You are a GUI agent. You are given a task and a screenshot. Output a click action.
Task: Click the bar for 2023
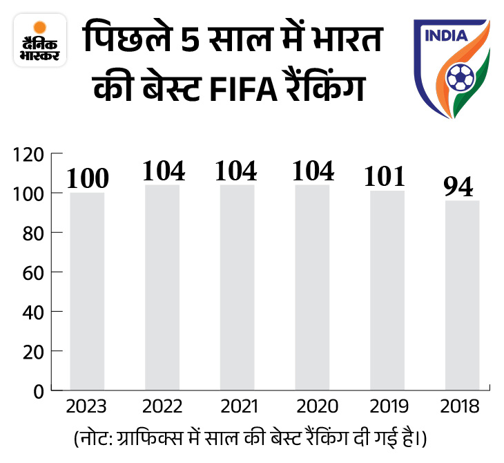[87, 291]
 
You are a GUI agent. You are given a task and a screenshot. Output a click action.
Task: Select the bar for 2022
[162, 287]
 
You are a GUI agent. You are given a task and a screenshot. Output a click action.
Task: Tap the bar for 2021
[237, 287]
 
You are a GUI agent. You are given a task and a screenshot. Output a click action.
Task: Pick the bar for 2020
[312, 287]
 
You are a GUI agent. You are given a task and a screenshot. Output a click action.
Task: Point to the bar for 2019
[387, 290]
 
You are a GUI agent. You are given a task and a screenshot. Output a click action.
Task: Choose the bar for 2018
[461, 295]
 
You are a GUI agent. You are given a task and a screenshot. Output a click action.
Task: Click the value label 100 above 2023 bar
[88, 178]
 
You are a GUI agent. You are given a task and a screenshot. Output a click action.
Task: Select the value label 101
[386, 176]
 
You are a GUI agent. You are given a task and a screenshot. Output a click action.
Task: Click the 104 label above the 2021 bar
[236, 170]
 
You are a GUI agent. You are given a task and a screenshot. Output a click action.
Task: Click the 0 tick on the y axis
[39, 390]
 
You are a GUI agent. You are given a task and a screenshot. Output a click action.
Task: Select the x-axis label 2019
[387, 406]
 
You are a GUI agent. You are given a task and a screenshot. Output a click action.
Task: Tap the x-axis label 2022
[162, 406]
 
